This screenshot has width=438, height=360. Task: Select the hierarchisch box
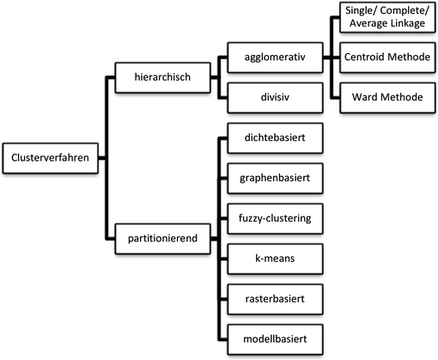click(164, 77)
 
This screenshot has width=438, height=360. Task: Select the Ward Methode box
click(387, 97)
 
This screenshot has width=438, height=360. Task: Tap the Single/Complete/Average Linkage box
click(387, 20)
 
